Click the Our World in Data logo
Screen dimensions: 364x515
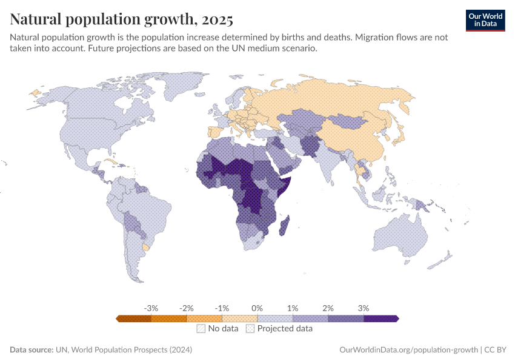(485, 20)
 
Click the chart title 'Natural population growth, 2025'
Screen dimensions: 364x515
(121, 20)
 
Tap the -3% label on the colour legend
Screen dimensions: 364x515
(151, 308)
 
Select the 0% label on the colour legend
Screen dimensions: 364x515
(257, 308)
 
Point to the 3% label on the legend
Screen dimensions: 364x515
(363, 308)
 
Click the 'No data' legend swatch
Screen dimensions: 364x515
(201, 329)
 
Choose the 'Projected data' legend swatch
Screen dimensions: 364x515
(250, 329)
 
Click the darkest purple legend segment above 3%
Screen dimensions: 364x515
(380, 318)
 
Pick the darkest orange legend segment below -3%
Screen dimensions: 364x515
(134, 318)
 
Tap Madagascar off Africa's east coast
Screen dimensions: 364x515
(285, 226)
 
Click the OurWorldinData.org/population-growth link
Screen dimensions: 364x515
(408, 350)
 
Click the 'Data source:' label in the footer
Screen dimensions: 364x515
(32, 350)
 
